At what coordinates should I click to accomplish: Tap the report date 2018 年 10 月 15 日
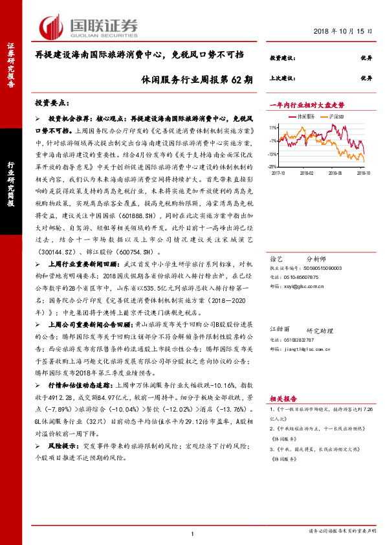tap(346, 31)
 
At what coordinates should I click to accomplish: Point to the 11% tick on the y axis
tap(274, 128)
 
